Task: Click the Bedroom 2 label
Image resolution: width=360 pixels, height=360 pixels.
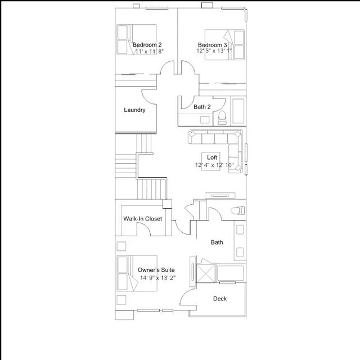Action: tap(147, 44)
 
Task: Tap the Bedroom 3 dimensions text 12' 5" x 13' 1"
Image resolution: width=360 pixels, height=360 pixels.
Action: tap(214, 51)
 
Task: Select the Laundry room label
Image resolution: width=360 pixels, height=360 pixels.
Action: tap(134, 110)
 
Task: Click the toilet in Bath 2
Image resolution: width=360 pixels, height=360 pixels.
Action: tap(222, 118)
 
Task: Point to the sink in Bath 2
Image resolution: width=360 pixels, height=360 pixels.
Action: tap(204, 120)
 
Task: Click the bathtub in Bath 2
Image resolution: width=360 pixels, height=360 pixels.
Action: tap(238, 111)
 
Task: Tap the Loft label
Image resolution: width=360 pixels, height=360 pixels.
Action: tap(212, 157)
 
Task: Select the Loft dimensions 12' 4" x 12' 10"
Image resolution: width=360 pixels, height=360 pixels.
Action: tap(214, 165)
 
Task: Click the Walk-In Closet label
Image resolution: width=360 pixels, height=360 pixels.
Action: tap(142, 219)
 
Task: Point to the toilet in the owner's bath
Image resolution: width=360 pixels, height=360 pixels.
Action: tap(238, 210)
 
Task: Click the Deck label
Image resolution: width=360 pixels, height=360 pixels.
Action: tap(220, 299)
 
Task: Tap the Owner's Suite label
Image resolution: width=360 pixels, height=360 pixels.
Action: tap(156, 270)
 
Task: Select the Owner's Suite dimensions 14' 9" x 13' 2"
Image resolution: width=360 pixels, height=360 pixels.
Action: tap(158, 278)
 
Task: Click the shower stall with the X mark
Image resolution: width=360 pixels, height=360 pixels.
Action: tap(206, 273)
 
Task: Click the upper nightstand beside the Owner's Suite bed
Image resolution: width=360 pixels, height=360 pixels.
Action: tap(121, 246)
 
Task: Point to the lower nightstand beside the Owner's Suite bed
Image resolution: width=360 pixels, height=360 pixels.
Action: tap(121, 300)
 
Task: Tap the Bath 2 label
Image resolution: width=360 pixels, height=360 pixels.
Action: tap(202, 107)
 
